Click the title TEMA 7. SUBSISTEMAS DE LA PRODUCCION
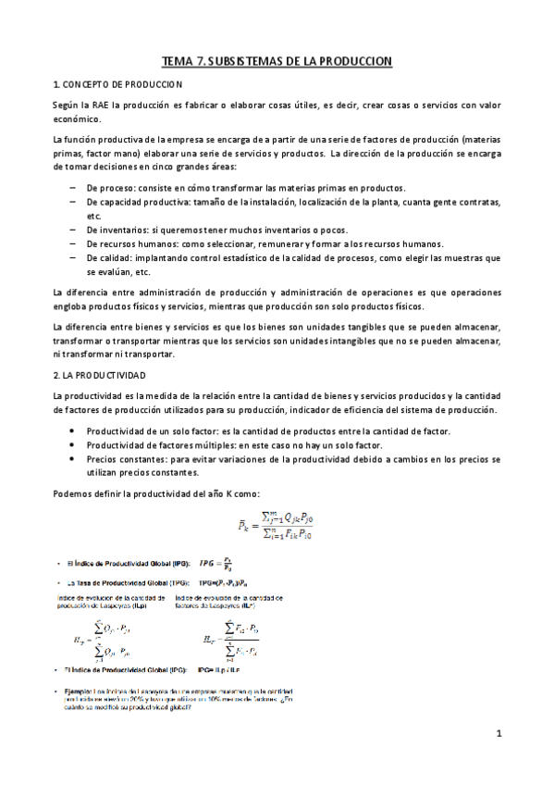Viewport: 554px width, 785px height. click(277, 61)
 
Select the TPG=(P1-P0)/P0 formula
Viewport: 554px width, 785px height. click(230, 583)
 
